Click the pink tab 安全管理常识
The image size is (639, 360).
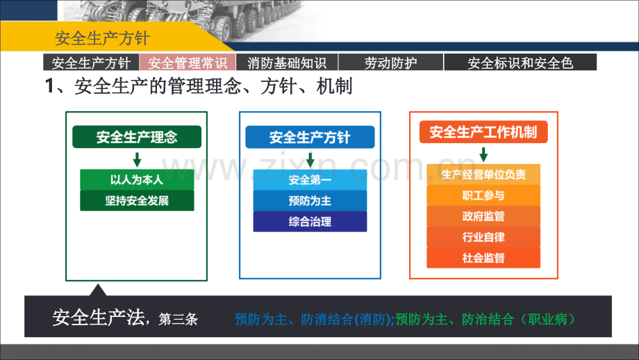(188, 63)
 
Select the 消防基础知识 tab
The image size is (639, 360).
(287, 63)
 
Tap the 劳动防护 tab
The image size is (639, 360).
(390, 63)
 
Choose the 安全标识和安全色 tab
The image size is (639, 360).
(520, 63)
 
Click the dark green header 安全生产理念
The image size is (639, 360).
(137, 137)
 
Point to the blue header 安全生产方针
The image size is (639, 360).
(310, 137)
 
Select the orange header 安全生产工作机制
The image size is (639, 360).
(483, 131)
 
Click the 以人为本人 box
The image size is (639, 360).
(137, 180)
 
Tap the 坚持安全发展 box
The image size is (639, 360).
(137, 201)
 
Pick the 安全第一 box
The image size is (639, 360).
(310, 180)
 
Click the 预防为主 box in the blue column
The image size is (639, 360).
(310, 201)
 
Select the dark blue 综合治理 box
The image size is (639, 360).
(310, 222)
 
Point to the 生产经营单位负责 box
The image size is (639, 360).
(483, 174)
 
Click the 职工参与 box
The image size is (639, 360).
(483, 195)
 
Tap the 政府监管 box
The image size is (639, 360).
(483, 216)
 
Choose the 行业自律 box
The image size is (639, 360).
(483, 237)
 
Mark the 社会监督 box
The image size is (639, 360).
(483, 258)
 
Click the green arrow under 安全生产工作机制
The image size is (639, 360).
(483, 154)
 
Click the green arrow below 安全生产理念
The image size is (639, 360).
(137, 160)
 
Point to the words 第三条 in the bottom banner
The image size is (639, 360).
(178, 319)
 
